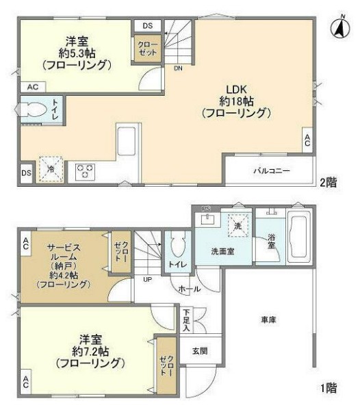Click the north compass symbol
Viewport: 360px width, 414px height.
[x=338, y=28]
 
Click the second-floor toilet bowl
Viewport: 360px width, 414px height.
[x=34, y=109]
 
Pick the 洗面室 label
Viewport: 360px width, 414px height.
[x=222, y=251]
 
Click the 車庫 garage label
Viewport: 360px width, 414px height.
[x=268, y=320]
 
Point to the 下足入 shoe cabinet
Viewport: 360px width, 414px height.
[x=187, y=320]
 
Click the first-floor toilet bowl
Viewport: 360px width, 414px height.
[x=177, y=245]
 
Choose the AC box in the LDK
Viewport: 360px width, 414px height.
[x=307, y=141]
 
